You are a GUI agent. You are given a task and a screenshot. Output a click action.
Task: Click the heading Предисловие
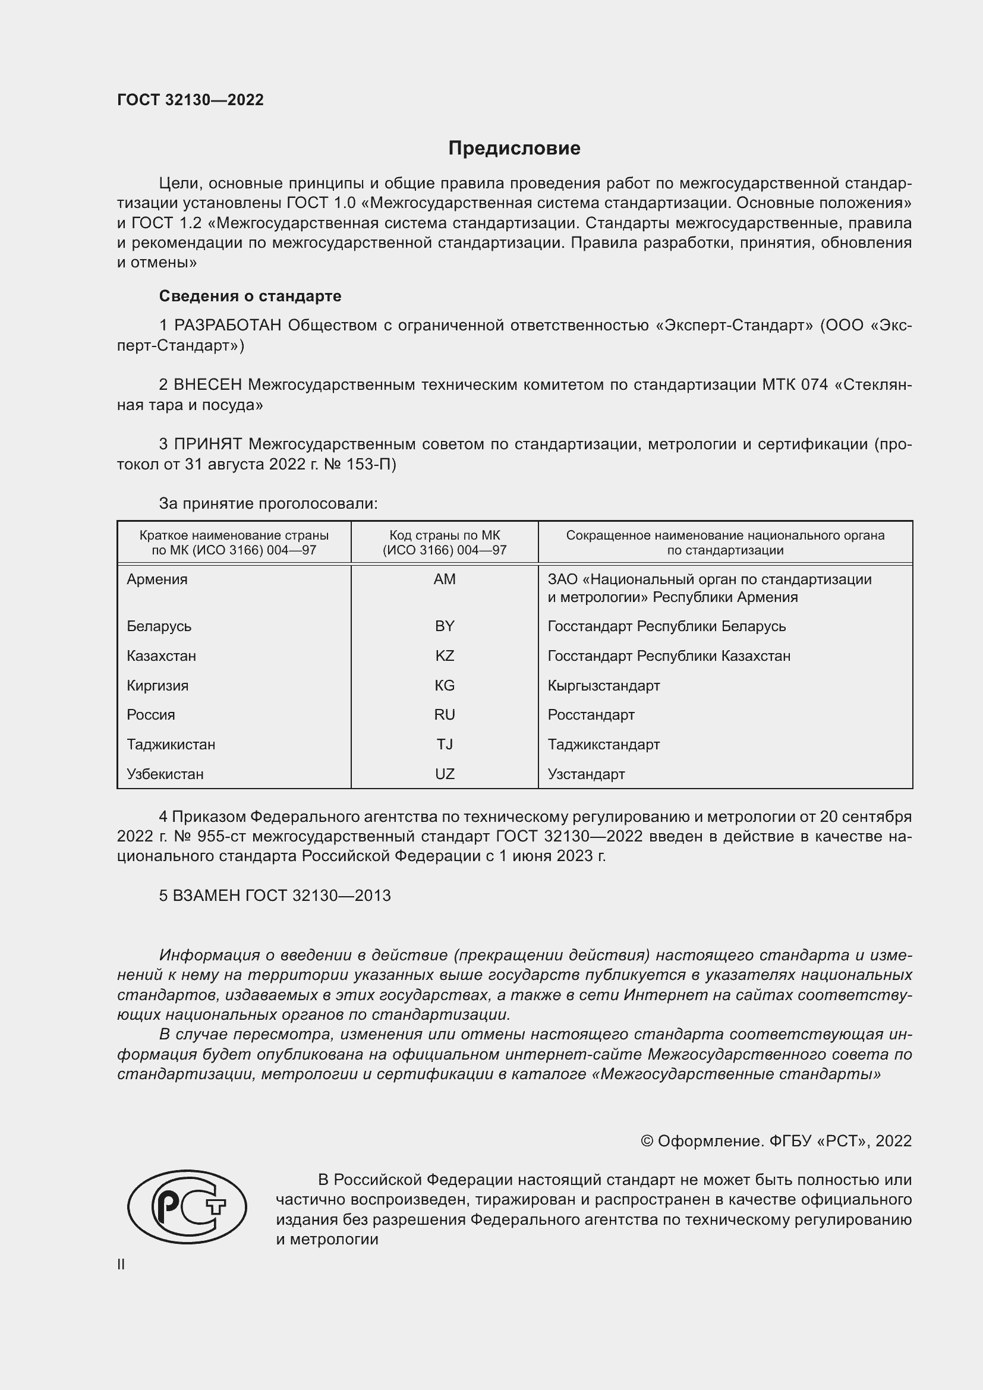point(514,149)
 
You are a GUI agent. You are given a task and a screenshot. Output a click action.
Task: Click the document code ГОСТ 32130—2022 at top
point(190,100)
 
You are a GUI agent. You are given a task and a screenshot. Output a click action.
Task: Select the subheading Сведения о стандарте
point(250,296)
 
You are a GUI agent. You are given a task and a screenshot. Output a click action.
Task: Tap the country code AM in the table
point(445,579)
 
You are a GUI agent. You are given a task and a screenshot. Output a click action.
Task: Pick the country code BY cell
point(445,626)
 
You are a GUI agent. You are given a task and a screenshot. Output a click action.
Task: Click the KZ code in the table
point(445,655)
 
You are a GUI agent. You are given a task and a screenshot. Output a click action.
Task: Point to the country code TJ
point(445,744)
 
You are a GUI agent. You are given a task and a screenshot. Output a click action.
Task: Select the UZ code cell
point(445,774)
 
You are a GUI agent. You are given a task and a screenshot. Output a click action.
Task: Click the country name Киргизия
point(157,685)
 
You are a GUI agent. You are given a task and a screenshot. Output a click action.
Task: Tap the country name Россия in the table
point(151,714)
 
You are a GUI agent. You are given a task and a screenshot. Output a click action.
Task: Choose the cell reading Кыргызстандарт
point(603,685)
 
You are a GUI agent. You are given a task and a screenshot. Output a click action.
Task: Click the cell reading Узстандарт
point(586,774)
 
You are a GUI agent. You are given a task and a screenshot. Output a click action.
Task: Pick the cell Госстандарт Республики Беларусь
point(666,626)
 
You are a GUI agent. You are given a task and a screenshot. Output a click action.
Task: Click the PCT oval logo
point(187,1206)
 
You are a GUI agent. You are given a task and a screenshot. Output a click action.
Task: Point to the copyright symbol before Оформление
point(647,1141)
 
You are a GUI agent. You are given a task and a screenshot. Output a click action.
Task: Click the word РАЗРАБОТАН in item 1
point(228,326)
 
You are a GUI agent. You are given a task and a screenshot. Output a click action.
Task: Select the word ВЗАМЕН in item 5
point(206,896)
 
